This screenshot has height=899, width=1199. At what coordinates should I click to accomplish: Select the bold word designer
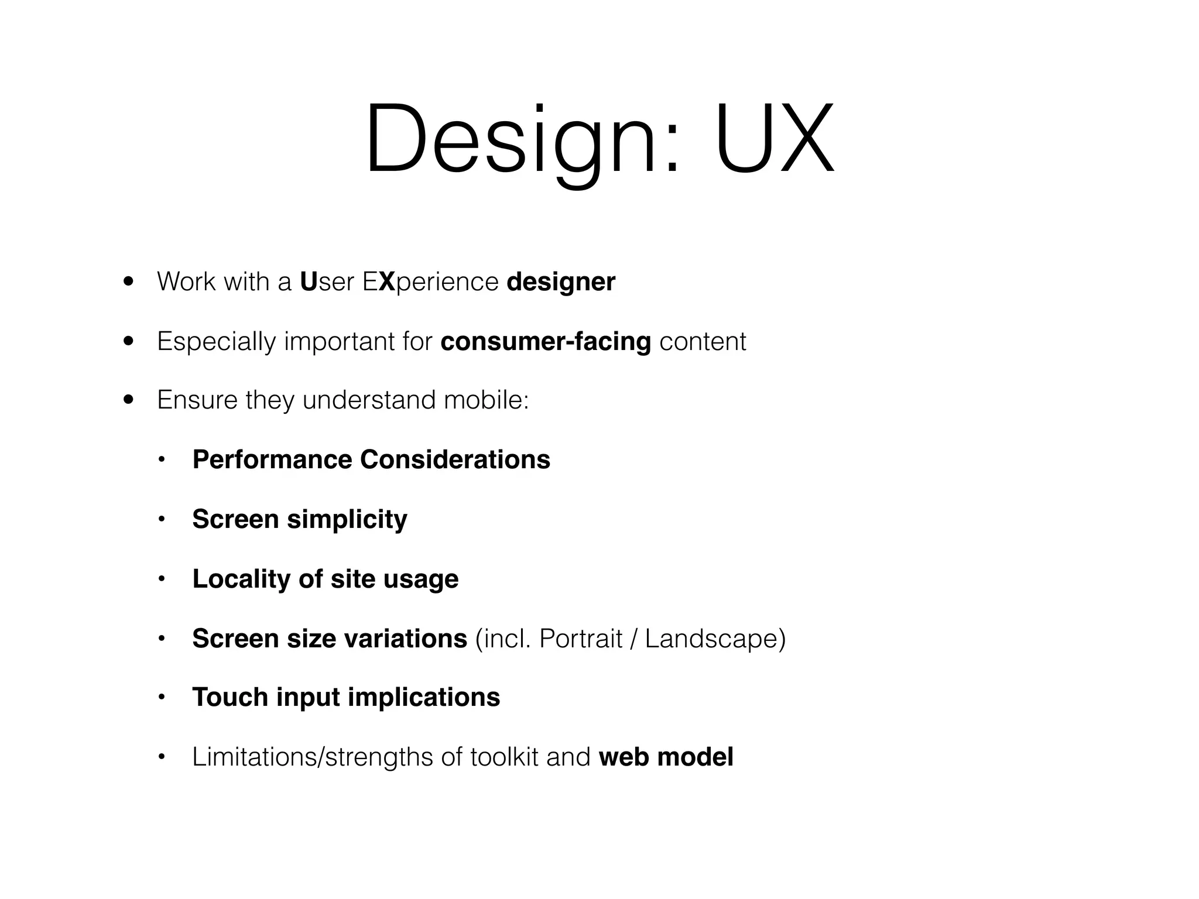[561, 282]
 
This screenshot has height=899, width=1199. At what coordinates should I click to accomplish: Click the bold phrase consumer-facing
[546, 342]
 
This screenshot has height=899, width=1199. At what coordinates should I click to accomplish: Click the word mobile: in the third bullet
[486, 400]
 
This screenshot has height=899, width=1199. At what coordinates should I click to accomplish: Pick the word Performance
[272, 460]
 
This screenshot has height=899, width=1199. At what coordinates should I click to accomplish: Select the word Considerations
[455, 460]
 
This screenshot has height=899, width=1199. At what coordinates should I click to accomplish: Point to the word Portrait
[580, 639]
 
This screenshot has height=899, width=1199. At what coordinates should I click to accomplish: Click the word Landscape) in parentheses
[715, 639]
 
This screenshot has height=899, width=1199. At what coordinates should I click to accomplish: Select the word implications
[424, 698]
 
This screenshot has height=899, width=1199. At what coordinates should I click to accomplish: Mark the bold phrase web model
[666, 757]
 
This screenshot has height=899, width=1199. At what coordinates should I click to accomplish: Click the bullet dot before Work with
[129, 282]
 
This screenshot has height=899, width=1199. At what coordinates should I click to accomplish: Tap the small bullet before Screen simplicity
[162, 520]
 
